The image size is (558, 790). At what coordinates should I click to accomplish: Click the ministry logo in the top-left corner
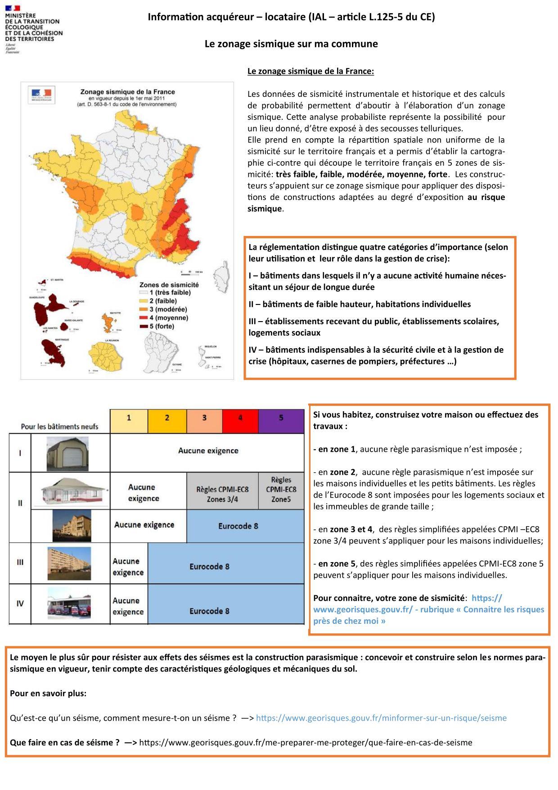pos(34,29)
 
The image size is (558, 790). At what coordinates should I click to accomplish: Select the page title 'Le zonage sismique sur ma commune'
pos(291,44)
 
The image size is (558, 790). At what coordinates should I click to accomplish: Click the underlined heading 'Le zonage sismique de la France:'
pos(310,71)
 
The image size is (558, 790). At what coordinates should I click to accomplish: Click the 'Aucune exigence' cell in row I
pos(208,451)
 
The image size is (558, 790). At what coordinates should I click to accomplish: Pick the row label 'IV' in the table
pos(20,604)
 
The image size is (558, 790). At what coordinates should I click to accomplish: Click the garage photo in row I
pos(67,454)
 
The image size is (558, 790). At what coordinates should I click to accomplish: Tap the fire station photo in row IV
pos(69,604)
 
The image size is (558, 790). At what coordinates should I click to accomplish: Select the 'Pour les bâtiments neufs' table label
pos(59,427)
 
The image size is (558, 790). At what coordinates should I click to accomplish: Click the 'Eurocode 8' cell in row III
pos(209,566)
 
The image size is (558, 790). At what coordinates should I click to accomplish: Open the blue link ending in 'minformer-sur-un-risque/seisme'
pos(381,718)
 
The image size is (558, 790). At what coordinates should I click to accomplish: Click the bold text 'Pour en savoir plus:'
pos(48,693)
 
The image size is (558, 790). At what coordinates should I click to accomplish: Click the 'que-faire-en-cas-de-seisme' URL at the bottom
pos(306,742)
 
